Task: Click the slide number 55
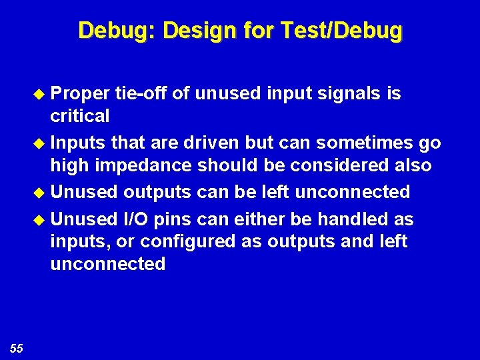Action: point(17,347)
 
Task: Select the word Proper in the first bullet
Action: point(80,94)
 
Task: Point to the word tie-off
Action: point(141,94)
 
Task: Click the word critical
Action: point(80,117)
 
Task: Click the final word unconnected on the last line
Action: point(107,264)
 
